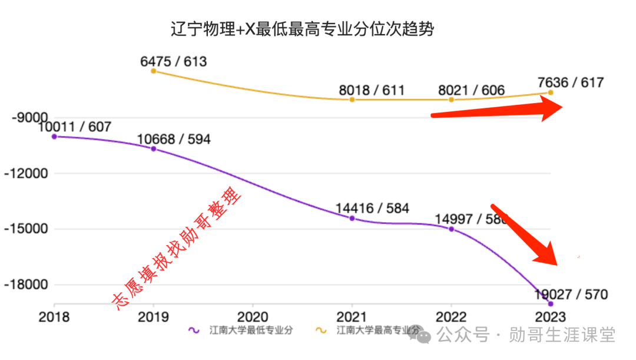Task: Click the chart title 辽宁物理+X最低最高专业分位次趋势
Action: coord(302,29)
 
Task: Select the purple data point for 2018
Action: coord(54,136)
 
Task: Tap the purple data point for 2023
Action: coord(551,303)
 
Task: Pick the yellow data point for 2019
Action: coord(154,71)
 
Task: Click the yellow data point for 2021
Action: coord(352,99)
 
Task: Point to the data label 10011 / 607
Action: coord(74,126)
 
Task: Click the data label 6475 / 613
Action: coord(174,61)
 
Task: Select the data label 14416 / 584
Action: coord(372,208)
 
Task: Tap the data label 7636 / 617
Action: coord(571,82)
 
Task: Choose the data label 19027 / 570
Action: coord(571,294)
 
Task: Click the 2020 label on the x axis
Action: coord(253,316)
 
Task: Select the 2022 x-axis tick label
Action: coord(451,316)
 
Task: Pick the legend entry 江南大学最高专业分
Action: coord(377,331)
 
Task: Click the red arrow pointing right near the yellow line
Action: coord(501,110)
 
